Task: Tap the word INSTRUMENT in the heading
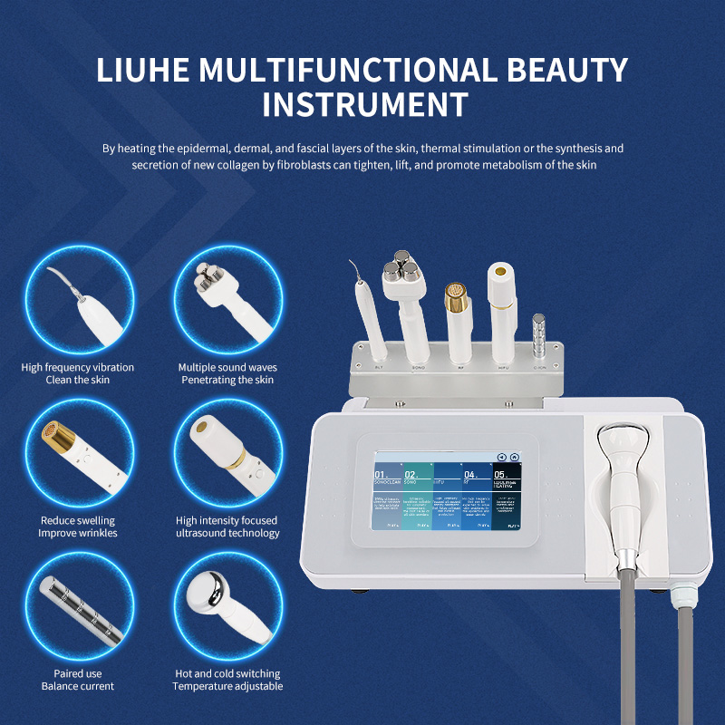coord(364,103)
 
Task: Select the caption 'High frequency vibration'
coord(78,367)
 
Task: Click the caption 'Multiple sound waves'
coord(227,367)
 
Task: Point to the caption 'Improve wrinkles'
coord(78,533)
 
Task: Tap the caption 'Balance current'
coord(78,686)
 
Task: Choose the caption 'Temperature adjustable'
coord(227,686)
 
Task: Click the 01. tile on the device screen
coord(387,497)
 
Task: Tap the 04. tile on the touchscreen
coord(476,497)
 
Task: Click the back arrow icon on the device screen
coord(501,458)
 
